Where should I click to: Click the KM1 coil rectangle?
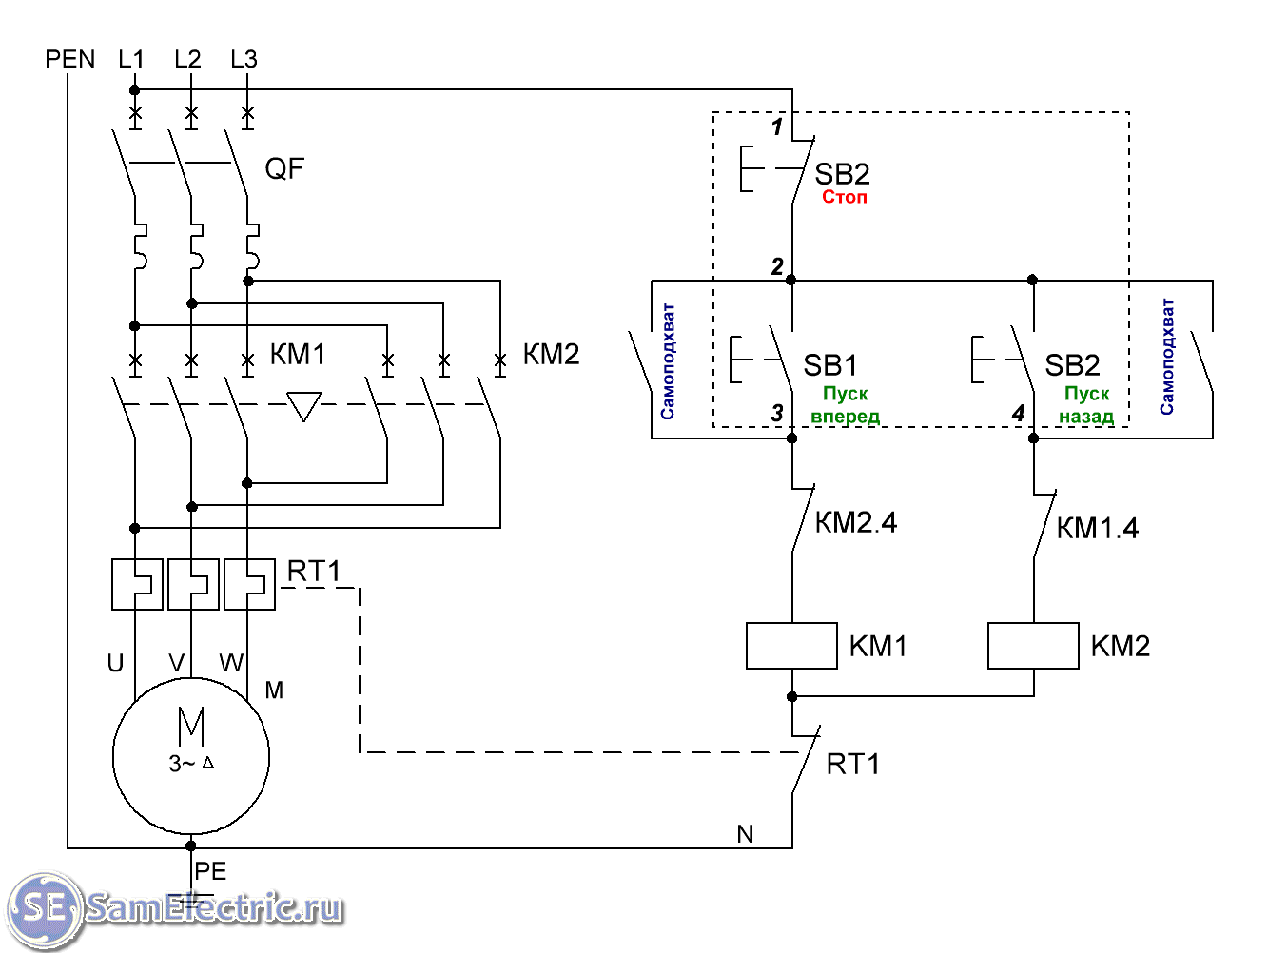click(x=791, y=646)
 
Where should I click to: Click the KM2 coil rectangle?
click(x=1033, y=646)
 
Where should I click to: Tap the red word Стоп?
click(x=845, y=197)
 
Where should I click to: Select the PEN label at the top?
click(x=70, y=59)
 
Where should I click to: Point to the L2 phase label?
click(x=187, y=59)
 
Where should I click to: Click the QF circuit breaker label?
click(x=284, y=169)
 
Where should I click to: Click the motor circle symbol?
click(x=191, y=756)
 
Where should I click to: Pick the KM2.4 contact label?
click(x=856, y=522)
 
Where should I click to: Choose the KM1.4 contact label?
click(x=1098, y=528)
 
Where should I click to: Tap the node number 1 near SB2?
click(x=777, y=126)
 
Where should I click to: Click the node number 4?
click(x=1018, y=414)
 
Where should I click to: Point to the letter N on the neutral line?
click(x=745, y=834)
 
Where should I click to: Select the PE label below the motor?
click(x=210, y=871)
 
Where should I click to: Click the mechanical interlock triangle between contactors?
click(x=303, y=406)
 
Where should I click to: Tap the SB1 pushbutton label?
click(x=830, y=365)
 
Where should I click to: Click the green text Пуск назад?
click(x=1086, y=404)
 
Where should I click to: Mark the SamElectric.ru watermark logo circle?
click(x=44, y=908)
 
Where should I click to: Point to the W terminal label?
click(x=231, y=663)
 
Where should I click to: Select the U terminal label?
click(x=115, y=663)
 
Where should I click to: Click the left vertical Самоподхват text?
click(x=668, y=361)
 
